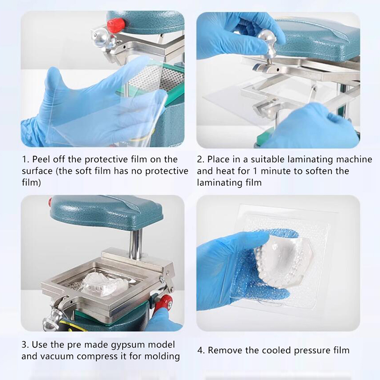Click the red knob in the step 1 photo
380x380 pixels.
pos(116,26)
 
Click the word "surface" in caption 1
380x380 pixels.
pos(38,171)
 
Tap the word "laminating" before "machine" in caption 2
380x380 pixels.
pos(310,160)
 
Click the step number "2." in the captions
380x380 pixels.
pos(200,160)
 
